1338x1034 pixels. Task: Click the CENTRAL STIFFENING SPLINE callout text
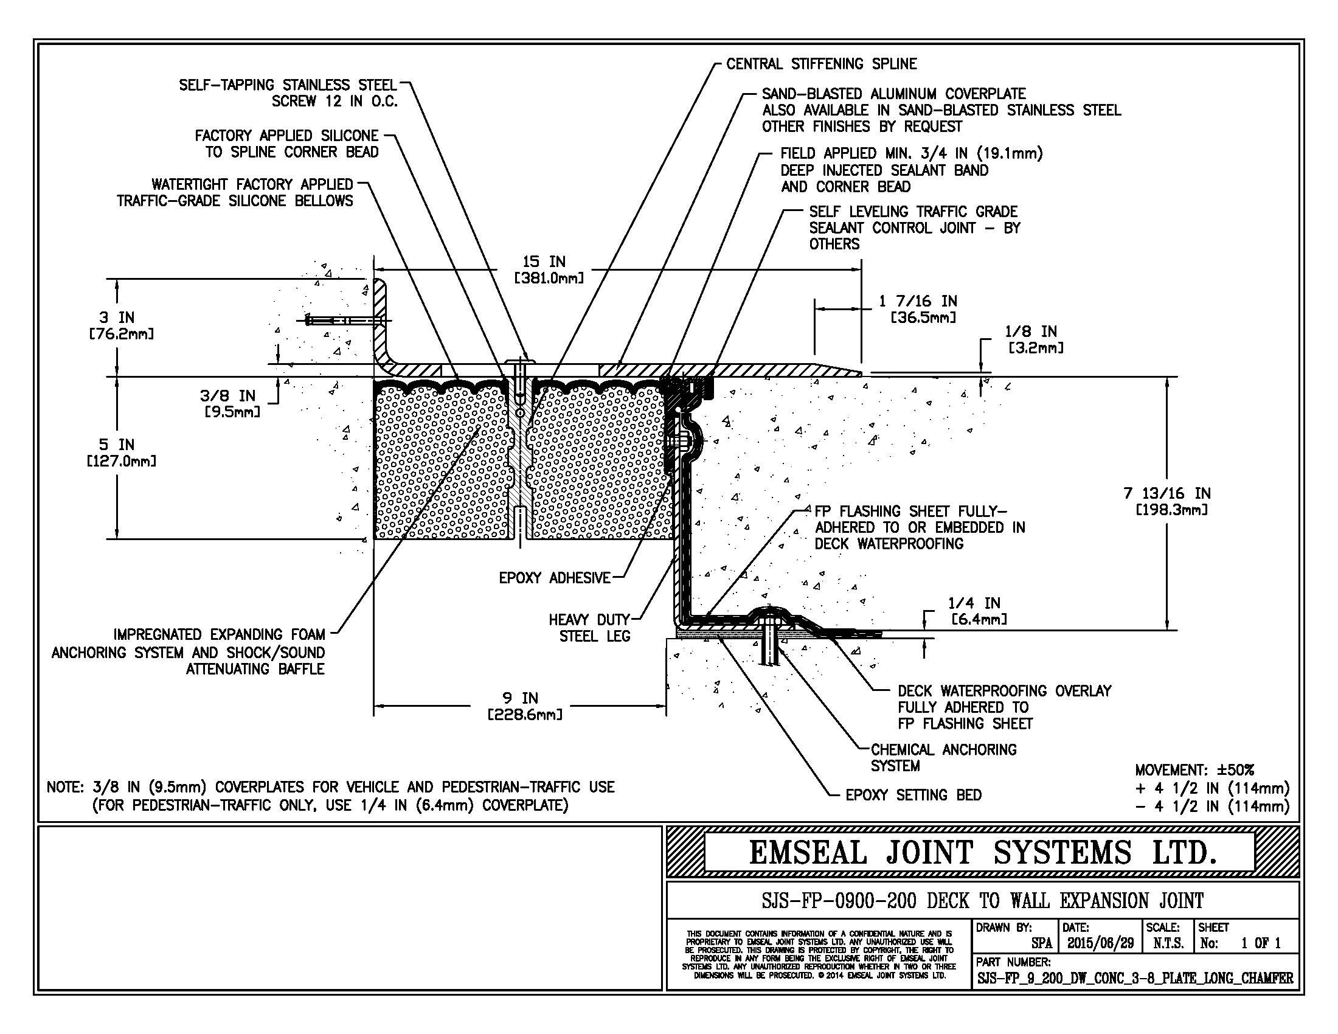click(x=821, y=64)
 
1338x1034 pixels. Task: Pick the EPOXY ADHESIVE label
click(x=555, y=578)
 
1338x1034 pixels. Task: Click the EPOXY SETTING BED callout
click(x=913, y=795)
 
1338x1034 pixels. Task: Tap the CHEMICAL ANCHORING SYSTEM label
click(x=943, y=758)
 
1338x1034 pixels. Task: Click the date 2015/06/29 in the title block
click(x=1100, y=943)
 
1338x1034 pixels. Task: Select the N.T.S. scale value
click(x=1168, y=943)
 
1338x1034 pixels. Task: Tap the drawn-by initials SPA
click(x=1041, y=943)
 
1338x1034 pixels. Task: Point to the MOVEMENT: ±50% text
click(x=1194, y=770)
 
